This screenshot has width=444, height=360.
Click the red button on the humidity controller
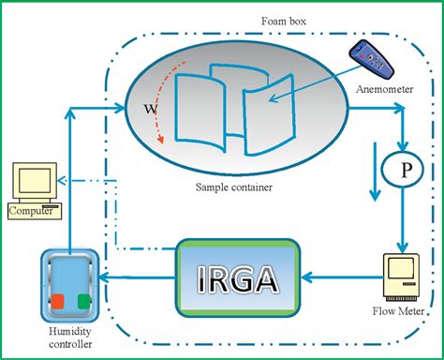click(x=57, y=302)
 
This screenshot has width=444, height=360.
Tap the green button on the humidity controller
click(x=84, y=302)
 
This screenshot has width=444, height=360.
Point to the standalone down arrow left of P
click(x=375, y=173)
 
